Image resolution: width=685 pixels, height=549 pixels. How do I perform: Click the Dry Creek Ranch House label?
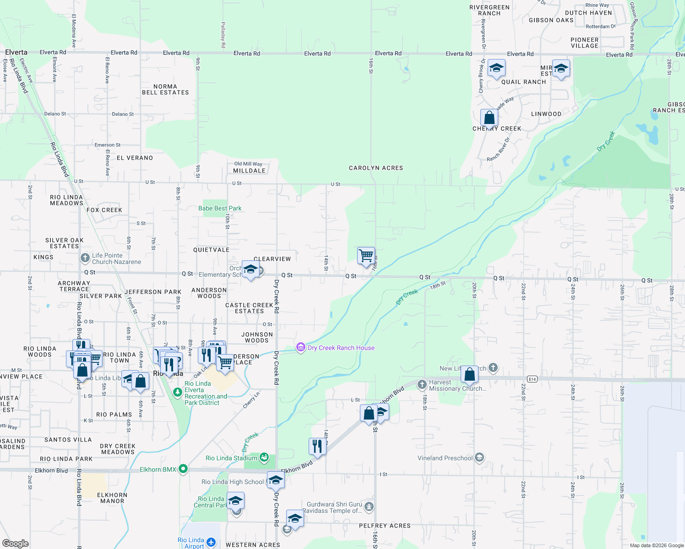(341, 348)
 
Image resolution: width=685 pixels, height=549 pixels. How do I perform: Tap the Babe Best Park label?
(220, 209)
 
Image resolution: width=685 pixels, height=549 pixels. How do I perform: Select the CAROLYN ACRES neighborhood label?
(376, 168)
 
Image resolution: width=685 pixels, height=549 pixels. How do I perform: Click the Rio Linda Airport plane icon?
(211, 542)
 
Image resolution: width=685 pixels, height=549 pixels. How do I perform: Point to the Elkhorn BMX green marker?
(183, 469)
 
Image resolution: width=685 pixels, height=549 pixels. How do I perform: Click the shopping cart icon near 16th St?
(366, 255)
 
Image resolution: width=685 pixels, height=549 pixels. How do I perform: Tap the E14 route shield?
(532, 379)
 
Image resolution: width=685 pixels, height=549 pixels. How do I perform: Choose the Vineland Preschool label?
(445, 458)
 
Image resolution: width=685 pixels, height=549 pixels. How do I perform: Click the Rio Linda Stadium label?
(231, 458)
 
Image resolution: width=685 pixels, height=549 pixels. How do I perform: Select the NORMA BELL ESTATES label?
(165, 90)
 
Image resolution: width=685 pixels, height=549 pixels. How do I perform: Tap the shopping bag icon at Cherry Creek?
(489, 118)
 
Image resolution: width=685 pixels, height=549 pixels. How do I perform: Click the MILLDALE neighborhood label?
(249, 171)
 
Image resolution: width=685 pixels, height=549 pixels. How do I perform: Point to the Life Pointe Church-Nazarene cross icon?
(85, 258)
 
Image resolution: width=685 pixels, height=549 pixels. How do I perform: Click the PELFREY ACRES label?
(385, 526)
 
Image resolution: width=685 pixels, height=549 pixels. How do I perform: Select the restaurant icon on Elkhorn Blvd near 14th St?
(317, 446)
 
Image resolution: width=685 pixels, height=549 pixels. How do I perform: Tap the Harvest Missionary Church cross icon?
(422, 385)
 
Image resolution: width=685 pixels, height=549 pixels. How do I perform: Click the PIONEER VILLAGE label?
(584, 43)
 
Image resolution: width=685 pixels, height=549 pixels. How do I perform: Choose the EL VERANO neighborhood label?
(135, 158)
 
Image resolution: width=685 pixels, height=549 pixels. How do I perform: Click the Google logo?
(15, 544)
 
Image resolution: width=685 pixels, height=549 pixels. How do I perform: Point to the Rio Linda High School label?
(233, 482)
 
